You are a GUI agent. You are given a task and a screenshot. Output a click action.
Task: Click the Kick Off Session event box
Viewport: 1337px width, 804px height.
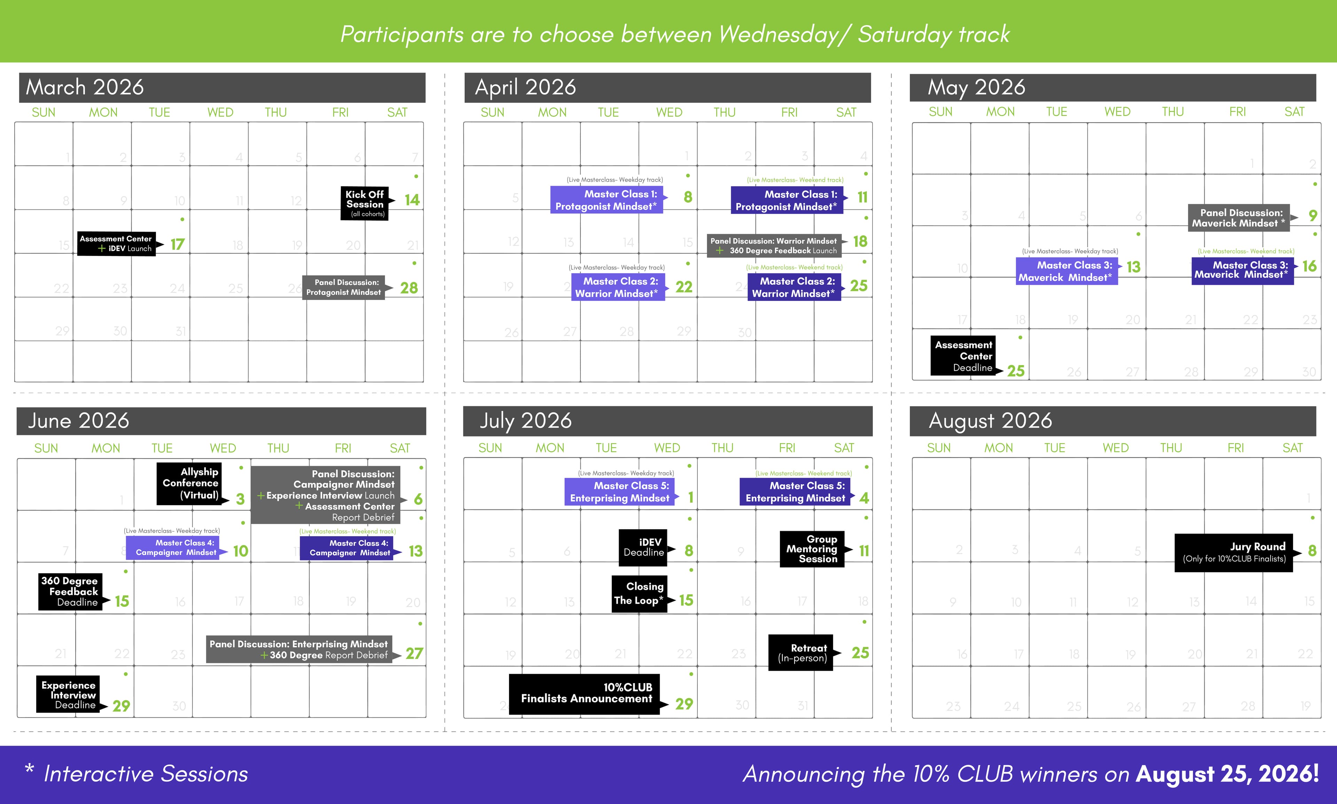(365, 203)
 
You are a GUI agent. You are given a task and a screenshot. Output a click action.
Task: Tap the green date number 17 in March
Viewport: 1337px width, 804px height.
(178, 244)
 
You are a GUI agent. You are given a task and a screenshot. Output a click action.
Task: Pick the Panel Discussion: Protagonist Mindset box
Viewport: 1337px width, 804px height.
(343, 287)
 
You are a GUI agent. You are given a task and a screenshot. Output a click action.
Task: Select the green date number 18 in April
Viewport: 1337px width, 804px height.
(860, 241)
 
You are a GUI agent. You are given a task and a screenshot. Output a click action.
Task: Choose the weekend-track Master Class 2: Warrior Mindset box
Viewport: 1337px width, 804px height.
(794, 287)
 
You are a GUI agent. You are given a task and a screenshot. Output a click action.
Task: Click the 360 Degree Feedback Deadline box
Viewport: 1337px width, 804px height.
(70, 592)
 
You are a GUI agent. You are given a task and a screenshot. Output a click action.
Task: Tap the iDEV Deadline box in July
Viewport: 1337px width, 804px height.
(643, 547)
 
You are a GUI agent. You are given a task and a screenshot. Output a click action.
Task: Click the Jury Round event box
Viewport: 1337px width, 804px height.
(1234, 552)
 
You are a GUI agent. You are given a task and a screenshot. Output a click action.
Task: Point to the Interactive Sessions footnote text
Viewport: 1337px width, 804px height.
(145, 774)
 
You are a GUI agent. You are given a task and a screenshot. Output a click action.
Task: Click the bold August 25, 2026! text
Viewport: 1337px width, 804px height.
(1227, 774)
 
